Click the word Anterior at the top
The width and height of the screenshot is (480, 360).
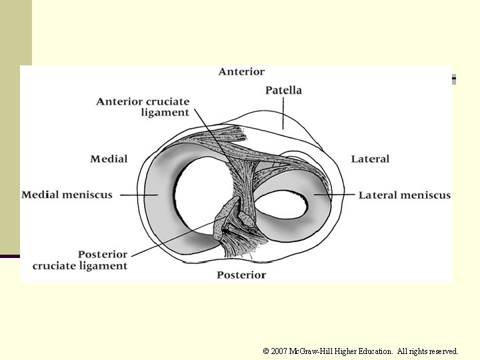click(241, 72)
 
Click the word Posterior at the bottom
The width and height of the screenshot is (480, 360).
click(241, 275)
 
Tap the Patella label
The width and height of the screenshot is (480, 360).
click(283, 90)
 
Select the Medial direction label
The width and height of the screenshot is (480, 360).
click(109, 159)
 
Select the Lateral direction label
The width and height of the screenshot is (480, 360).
click(370, 159)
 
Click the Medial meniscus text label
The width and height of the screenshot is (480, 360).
click(67, 195)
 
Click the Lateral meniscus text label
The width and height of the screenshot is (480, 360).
click(405, 195)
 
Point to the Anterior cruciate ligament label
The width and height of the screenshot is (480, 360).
click(143, 107)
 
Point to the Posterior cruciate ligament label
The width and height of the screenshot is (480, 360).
click(80, 260)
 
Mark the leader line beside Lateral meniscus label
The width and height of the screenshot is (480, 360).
click(340, 195)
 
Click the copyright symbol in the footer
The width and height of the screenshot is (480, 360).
click(266, 351)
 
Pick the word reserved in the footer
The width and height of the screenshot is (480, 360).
click(443, 351)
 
